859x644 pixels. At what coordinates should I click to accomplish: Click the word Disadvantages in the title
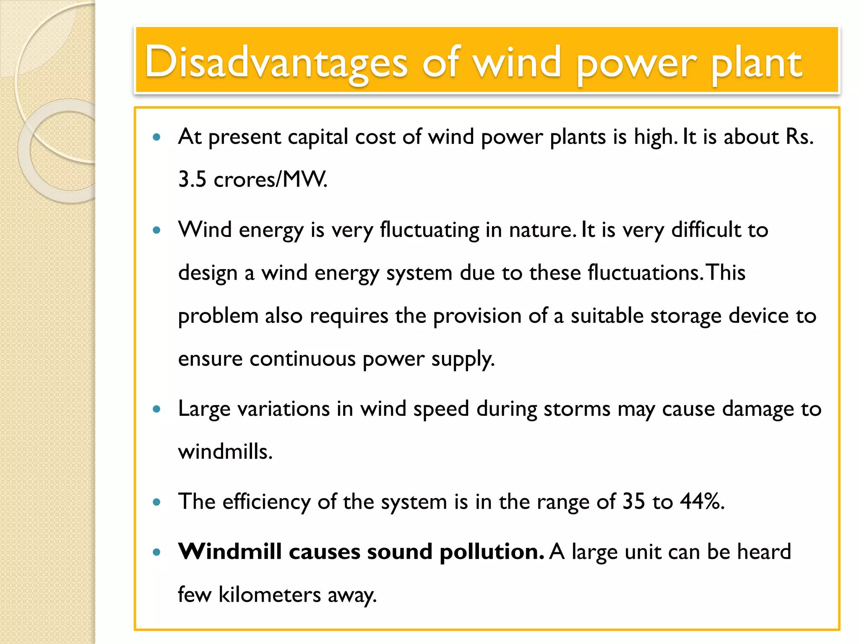(276, 63)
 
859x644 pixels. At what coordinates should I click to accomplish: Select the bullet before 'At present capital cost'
(157, 137)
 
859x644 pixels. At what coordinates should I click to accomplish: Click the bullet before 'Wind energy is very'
(157, 230)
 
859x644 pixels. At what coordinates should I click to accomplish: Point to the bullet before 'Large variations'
(157, 409)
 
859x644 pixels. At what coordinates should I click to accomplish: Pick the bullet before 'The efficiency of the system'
(157, 502)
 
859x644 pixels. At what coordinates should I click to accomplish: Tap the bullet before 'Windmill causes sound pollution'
(157, 552)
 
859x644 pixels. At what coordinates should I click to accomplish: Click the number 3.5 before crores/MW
(192, 179)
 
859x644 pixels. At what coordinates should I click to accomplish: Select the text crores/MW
(271, 179)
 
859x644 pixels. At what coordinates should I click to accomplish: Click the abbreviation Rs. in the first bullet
(799, 137)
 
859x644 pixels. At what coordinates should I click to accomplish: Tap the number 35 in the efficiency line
(633, 501)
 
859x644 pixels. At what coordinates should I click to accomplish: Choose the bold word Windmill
(229, 551)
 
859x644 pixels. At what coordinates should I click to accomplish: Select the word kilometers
(270, 595)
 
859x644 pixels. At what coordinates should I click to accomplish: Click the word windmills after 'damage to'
(225, 452)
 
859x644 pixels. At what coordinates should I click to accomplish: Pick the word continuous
(302, 359)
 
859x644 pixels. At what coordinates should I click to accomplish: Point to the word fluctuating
(429, 230)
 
